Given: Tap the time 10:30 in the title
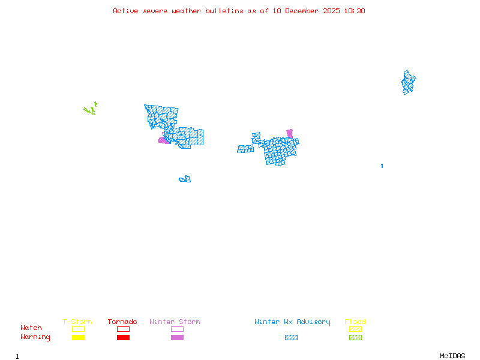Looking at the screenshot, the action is [x=354, y=11].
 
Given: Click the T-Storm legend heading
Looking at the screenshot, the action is [x=77, y=322].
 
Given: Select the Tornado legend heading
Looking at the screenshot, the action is [x=122, y=322].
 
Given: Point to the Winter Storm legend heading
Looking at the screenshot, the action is [x=175, y=322].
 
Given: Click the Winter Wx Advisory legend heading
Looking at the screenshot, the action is [x=292, y=322].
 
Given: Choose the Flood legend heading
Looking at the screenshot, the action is [x=355, y=322].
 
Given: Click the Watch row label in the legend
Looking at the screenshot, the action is [x=31, y=328].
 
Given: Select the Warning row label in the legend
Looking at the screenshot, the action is [x=35, y=337].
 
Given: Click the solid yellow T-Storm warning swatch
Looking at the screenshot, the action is [x=78, y=337].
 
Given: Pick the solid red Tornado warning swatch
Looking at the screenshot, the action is [x=123, y=337].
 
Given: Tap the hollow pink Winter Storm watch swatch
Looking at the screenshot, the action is [x=177, y=329].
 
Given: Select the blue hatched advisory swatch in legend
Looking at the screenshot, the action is [x=291, y=337].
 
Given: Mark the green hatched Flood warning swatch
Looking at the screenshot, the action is [x=355, y=337].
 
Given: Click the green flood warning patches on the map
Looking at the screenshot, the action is [x=91, y=110].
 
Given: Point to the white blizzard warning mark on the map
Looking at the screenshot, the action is [x=382, y=160].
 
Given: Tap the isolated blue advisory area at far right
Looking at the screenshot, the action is [x=409, y=83].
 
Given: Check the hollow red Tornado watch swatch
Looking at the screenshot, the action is [x=123, y=329].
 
